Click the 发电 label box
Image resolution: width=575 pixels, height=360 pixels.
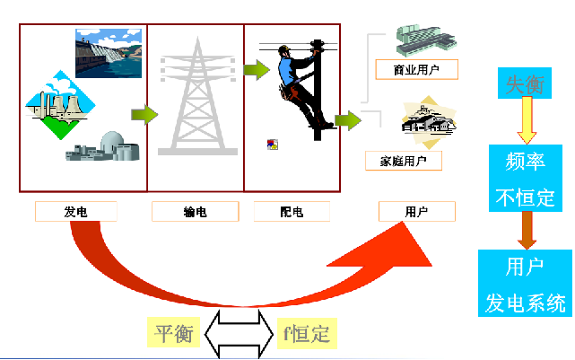(x=76, y=212)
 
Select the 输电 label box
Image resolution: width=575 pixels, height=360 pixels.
(x=195, y=212)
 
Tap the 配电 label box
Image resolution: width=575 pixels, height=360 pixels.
(x=292, y=212)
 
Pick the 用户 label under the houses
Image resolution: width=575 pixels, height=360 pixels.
(x=416, y=212)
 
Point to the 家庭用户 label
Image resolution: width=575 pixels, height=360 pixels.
(x=404, y=161)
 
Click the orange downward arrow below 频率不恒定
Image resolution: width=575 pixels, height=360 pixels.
(x=527, y=231)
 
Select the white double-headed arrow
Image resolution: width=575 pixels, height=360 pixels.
(x=239, y=334)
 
